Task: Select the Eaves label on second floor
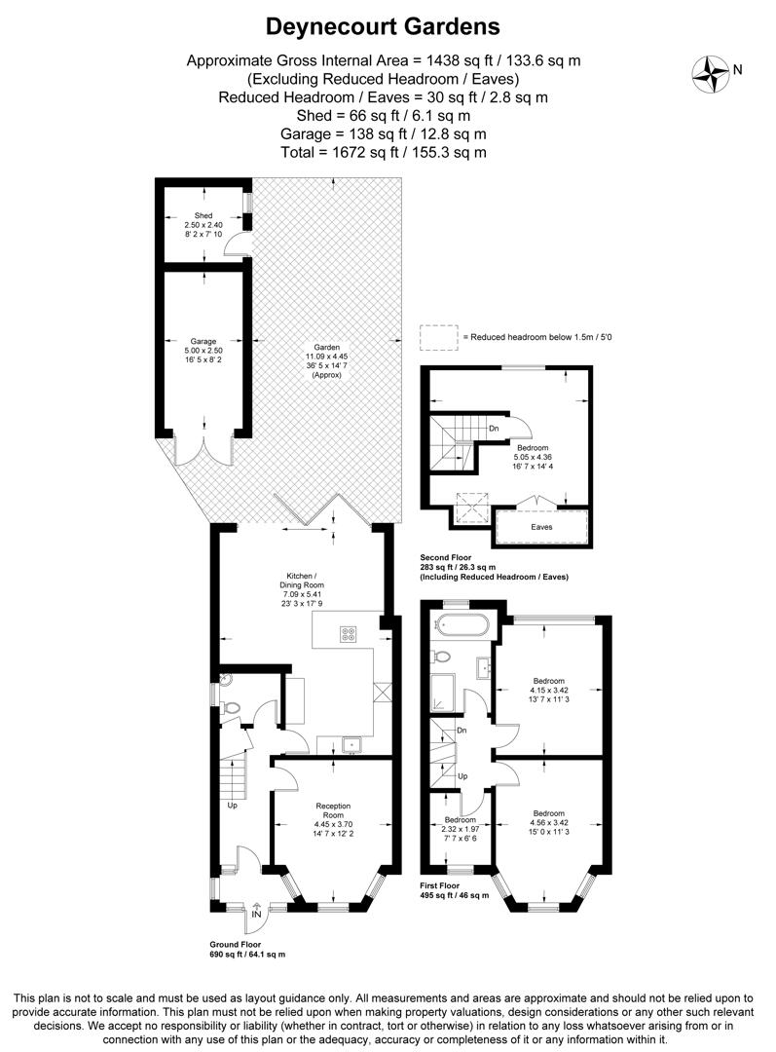(x=541, y=527)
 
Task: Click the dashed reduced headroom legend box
(x=438, y=336)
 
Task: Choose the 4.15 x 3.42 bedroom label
(x=549, y=691)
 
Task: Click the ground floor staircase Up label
(x=233, y=806)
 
